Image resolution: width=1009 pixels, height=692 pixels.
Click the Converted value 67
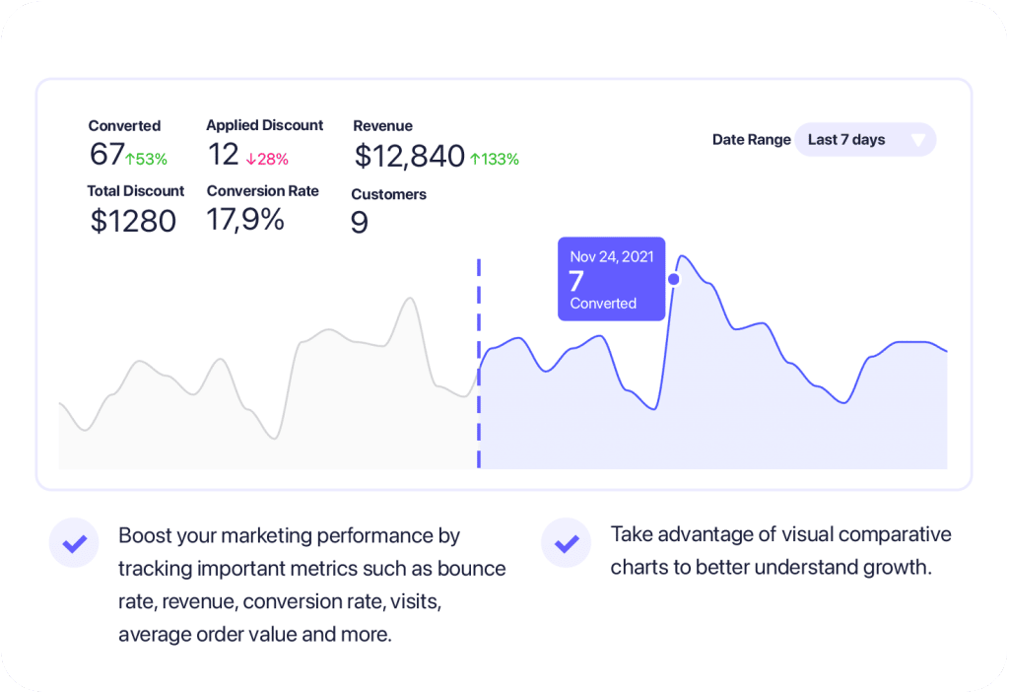(106, 155)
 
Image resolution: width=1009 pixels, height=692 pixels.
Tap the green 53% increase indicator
(146, 159)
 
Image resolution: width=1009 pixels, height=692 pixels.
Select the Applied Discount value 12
(224, 155)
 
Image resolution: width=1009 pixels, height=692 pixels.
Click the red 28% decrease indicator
(267, 159)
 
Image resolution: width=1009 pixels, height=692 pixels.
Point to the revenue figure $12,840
(409, 156)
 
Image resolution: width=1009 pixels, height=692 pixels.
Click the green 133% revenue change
(495, 159)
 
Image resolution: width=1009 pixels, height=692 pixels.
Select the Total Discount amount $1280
(133, 221)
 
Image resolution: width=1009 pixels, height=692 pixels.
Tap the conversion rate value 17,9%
(245, 220)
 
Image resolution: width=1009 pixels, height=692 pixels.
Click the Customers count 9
(360, 223)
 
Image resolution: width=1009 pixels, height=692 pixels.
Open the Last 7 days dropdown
(864, 140)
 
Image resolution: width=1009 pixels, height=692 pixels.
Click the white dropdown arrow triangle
(918, 140)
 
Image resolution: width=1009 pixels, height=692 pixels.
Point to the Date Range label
(751, 140)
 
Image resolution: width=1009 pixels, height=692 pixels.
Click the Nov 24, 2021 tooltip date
(611, 256)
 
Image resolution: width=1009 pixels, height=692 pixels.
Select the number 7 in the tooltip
(576, 280)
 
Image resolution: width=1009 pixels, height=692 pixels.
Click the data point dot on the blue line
(674, 279)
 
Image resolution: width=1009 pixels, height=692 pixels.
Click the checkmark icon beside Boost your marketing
(74, 542)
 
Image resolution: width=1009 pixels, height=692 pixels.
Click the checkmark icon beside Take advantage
(566, 542)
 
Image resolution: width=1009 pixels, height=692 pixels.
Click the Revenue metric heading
(382, 126)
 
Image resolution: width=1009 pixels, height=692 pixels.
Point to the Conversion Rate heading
(262, 191)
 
